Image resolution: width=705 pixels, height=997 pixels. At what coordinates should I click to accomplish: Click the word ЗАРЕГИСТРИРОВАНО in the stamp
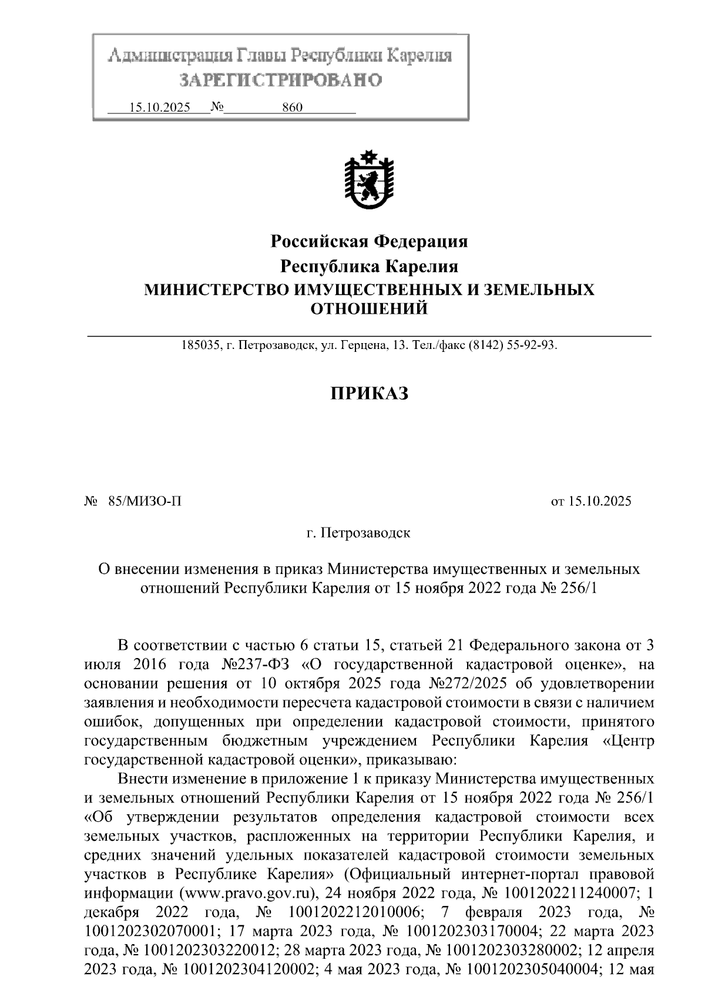pyautogui.click(x=280, y=79)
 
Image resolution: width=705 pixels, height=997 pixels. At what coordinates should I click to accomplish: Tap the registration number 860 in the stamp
pyautogui.click(x=292, y=108)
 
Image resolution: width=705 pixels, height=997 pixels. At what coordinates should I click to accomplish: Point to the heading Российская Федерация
pyautogui.click(x=369, y=241)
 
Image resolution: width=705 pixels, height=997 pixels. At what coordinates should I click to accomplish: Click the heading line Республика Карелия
pyautogui.click(x=369, y=266)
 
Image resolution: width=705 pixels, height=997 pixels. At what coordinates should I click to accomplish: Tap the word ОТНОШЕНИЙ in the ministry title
pyautogui.click(x=369, y=308)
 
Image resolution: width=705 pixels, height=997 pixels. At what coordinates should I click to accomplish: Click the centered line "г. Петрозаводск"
pyautogui.click(x=358, y=533)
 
